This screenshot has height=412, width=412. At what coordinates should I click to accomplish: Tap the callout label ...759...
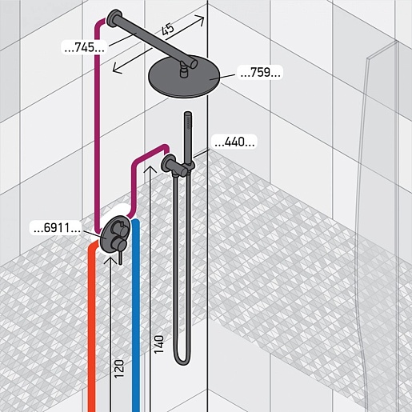coord(260,73)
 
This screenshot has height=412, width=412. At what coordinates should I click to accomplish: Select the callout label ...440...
coord(234,142)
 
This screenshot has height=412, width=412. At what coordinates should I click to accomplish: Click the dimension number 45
coord(168,29)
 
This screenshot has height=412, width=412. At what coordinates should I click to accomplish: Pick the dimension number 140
coord(159,344)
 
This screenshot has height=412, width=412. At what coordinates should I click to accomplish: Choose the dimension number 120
coord(119,369)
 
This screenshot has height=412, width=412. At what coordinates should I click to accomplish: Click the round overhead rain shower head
coord(185,77)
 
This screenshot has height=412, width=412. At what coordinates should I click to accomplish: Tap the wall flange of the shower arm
coord(114,18)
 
